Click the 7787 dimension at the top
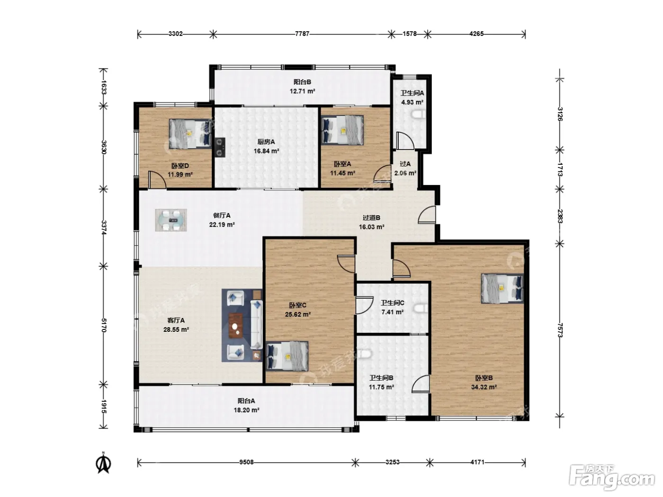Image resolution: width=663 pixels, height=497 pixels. tap(302, 34)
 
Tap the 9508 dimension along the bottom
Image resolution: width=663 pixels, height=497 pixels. tap(246, 462)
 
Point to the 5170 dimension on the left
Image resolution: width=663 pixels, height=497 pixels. tap(104, 325)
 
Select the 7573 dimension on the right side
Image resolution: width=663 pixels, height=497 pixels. tap(560, 330)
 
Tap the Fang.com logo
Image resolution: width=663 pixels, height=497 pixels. tap(612, 478)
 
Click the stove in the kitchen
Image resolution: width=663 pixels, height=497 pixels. tap(220, 147)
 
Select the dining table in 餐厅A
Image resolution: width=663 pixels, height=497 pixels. tap(171, 220)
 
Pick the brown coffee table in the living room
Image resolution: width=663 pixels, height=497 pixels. tap(235, 326)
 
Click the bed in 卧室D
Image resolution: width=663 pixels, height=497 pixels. tap(190, 133)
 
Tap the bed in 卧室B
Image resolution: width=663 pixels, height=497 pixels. tap(502, 288)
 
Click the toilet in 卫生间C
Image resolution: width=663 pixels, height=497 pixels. tap(421, 309)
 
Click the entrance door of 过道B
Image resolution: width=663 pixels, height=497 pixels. tap(427, 215)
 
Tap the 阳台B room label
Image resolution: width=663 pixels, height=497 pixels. tap(302, 82)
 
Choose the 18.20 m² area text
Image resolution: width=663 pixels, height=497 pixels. tap(246, 410)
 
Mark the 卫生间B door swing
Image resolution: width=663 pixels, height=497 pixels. tap(421, 384)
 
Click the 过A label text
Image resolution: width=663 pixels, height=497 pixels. tap(405, 164)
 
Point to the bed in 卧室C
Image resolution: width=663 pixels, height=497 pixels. tap(287, 356)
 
